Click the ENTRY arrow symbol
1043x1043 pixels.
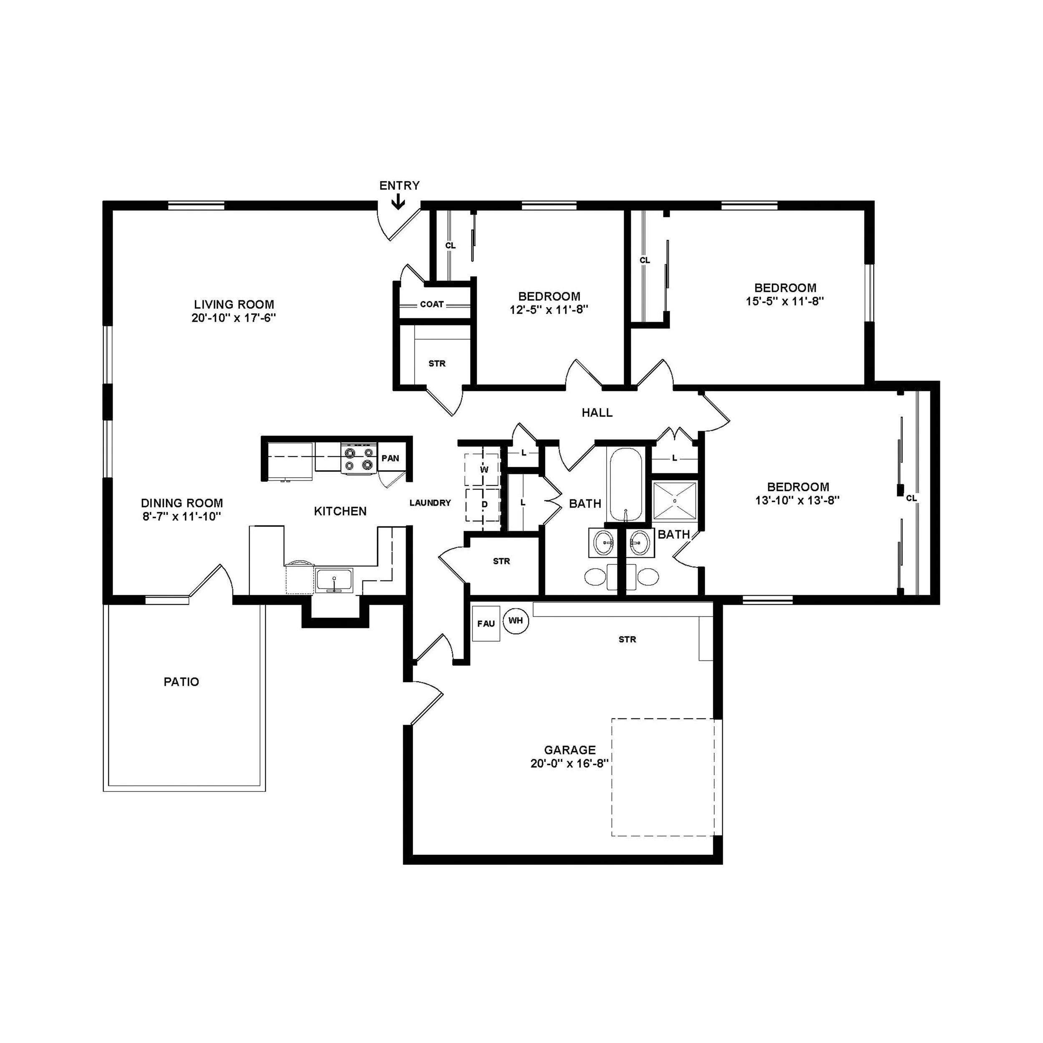coord(398,202)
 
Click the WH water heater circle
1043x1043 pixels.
coord(516,620)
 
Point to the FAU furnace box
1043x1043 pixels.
coord(486,624)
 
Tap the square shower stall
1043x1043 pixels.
coord(675,501)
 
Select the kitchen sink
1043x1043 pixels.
coord(334,580)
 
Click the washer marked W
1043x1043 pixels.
coord(484,469)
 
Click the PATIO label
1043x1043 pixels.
coord(181,682)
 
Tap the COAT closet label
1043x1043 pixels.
coord(432,305)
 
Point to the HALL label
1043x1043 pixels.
coord(597,413)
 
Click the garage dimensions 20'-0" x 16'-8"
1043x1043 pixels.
coord(569,763)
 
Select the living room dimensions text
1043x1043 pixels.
coord(234,318)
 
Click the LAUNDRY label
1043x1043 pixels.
coord(430,503)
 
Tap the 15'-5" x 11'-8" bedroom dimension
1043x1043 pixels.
coord(785,301)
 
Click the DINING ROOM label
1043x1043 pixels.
coord(182,503)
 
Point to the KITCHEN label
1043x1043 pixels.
coord(340,511)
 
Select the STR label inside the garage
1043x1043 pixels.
coord(627,639)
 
